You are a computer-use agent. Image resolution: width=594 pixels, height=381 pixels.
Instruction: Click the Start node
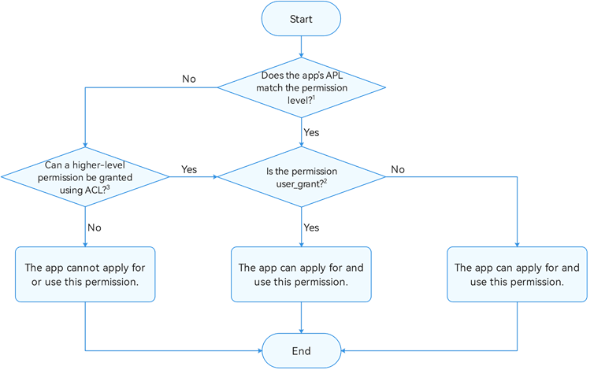301,19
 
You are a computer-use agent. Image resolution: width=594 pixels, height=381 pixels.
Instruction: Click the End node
301,351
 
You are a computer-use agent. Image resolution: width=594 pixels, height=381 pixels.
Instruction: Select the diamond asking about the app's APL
301,87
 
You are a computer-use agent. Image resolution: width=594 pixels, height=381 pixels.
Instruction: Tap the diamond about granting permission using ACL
85,177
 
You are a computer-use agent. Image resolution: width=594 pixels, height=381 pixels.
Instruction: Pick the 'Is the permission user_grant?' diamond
301,177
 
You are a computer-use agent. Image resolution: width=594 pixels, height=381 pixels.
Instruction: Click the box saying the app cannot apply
85,274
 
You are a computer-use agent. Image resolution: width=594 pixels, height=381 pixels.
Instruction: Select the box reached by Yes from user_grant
301,274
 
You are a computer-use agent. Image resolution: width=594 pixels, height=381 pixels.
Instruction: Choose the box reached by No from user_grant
517,274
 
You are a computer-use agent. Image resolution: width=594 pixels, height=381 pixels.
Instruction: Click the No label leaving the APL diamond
189,79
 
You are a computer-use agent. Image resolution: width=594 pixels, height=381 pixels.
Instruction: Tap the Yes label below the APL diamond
311,132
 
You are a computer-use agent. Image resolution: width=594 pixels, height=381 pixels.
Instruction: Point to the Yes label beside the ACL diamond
189,169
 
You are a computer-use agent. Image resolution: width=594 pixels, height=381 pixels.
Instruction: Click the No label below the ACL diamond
95,227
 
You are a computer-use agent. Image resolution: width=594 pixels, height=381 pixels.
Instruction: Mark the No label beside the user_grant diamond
398,169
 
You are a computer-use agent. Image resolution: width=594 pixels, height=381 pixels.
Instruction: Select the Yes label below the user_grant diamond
311,227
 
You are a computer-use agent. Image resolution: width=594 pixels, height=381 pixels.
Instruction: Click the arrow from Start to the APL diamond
301,46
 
